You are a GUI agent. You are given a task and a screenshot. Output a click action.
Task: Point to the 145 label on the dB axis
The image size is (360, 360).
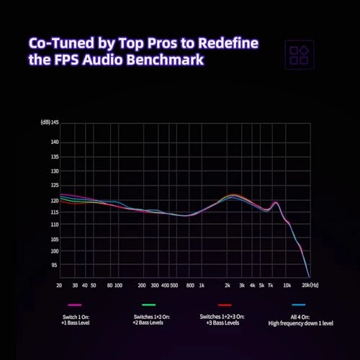53,122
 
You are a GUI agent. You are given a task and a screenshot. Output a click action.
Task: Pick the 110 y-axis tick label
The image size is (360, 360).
53,225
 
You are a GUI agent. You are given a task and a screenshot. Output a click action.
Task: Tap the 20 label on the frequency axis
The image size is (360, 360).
58,285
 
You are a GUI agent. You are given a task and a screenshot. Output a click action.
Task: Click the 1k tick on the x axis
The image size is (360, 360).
202,285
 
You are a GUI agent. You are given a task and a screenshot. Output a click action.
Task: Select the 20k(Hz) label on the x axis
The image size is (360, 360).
311,285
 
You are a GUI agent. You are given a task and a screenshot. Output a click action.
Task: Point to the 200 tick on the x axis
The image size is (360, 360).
142,285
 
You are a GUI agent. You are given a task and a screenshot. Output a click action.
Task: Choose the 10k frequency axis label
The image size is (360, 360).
287,285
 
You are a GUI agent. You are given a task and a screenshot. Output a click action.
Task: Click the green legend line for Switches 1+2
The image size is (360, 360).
149,305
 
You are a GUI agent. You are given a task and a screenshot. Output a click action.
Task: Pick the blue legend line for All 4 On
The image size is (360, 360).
300,305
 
